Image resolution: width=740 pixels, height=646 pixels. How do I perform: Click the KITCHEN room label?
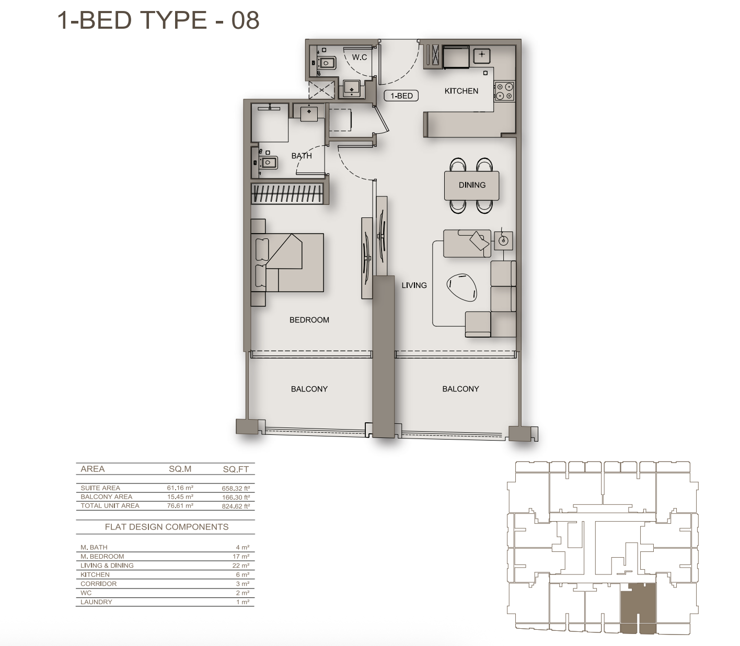[461, 91]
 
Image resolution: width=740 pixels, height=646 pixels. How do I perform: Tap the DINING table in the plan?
[471, 185]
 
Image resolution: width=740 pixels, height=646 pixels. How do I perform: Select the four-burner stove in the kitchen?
[504, 91]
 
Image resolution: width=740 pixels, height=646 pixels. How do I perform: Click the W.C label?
[359, 57]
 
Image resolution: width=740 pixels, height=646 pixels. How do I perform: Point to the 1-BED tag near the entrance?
[401, 96]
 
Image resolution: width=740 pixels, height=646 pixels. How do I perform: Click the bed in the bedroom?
[287, 262]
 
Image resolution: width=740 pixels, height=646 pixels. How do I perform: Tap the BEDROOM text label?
[309, 320]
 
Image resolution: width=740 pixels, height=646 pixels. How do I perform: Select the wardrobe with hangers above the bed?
[287, 193]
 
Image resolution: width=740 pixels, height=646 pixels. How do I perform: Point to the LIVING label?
[414, 285]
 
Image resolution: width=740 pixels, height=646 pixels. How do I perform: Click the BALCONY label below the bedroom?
[309, 389]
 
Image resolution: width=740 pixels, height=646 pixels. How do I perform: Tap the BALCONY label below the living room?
[460, 389]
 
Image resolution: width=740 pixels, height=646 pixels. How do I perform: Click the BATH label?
[302, 156]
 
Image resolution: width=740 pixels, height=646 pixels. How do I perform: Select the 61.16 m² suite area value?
[180, 488]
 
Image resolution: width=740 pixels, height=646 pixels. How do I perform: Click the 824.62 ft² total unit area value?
[236, 506]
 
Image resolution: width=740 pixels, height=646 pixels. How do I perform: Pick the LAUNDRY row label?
[96, 602]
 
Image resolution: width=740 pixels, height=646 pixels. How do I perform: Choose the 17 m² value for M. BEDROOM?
[241, 556]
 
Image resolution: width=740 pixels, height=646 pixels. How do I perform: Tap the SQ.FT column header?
[236, 469]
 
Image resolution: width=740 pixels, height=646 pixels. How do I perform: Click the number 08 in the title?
[246, 20]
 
